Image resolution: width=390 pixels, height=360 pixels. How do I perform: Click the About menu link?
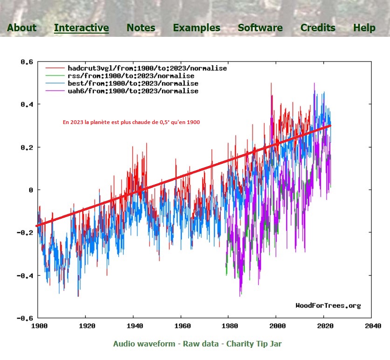(21, 28)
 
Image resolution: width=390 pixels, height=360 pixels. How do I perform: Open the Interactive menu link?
(82, 28)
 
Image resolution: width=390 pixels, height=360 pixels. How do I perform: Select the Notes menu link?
(141, 28)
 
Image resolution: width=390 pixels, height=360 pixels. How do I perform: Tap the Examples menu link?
(197, 28)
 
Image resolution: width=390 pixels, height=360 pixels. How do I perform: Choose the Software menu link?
(260, 28)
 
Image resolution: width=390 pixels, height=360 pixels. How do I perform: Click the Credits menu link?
(318, 28)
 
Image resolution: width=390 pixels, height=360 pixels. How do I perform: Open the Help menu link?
(364, 28)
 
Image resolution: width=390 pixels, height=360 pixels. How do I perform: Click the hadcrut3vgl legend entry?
(147, 68)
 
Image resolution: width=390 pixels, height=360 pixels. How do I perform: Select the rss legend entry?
(131, 76)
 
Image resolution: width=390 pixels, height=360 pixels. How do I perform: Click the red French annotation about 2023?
(131, 122)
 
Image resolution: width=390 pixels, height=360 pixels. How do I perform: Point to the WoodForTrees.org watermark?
(328, 305)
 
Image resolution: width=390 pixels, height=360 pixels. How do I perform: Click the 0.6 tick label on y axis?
(27, 62)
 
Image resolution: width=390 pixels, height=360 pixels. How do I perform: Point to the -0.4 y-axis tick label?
(25, 275)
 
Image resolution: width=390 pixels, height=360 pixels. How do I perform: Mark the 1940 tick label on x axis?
(133, 325)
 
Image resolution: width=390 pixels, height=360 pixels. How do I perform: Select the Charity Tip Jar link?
(254, 344)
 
